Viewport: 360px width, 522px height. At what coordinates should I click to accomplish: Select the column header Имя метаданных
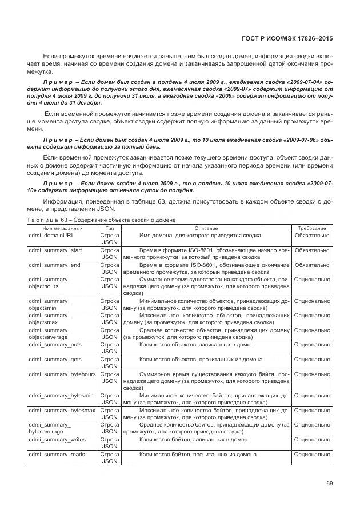(x=59, y=228)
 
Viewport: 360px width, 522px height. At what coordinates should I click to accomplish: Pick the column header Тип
(x=109, y=228)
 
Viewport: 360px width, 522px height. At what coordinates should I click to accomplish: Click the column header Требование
(x=311, y=228)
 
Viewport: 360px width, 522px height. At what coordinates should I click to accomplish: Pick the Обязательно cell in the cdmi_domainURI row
(x=311, y=235)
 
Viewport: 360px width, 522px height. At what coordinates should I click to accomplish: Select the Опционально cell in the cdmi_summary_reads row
(x=311, y=456)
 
